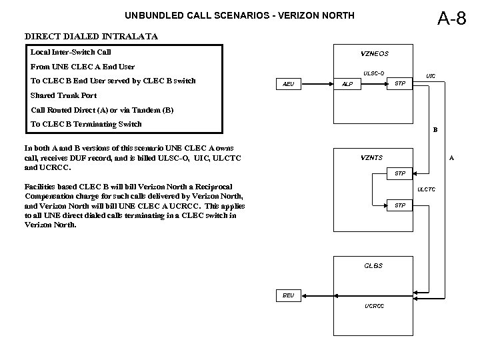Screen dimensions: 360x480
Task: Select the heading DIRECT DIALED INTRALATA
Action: click(91, 37)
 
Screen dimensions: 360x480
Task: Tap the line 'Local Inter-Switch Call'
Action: click(71, 52)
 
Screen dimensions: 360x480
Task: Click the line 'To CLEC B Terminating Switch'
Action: click(87, 124)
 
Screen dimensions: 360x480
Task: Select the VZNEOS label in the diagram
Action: click(375, 53)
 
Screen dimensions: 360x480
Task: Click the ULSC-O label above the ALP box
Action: click(373, 73)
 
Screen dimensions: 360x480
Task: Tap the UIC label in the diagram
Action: click(431, 77)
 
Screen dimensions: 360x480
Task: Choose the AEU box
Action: click(289, 84)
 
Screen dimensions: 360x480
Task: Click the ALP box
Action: click(347, 85)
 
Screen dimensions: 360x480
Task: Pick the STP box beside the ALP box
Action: click(399, 83)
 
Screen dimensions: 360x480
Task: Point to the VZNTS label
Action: click(371, 158)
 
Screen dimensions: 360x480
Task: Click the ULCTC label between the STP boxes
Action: click(426, 189)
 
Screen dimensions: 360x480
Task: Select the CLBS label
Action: click(373, 265)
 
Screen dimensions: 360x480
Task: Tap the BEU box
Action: click(288, 294)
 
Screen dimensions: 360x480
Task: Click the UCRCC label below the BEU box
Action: click(374, 306)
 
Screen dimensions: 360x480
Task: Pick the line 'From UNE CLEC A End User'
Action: click(83, 67)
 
